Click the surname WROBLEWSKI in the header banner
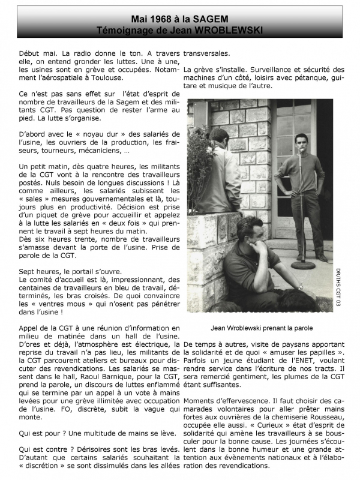coord(229,30)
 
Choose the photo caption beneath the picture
coord(262,328)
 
